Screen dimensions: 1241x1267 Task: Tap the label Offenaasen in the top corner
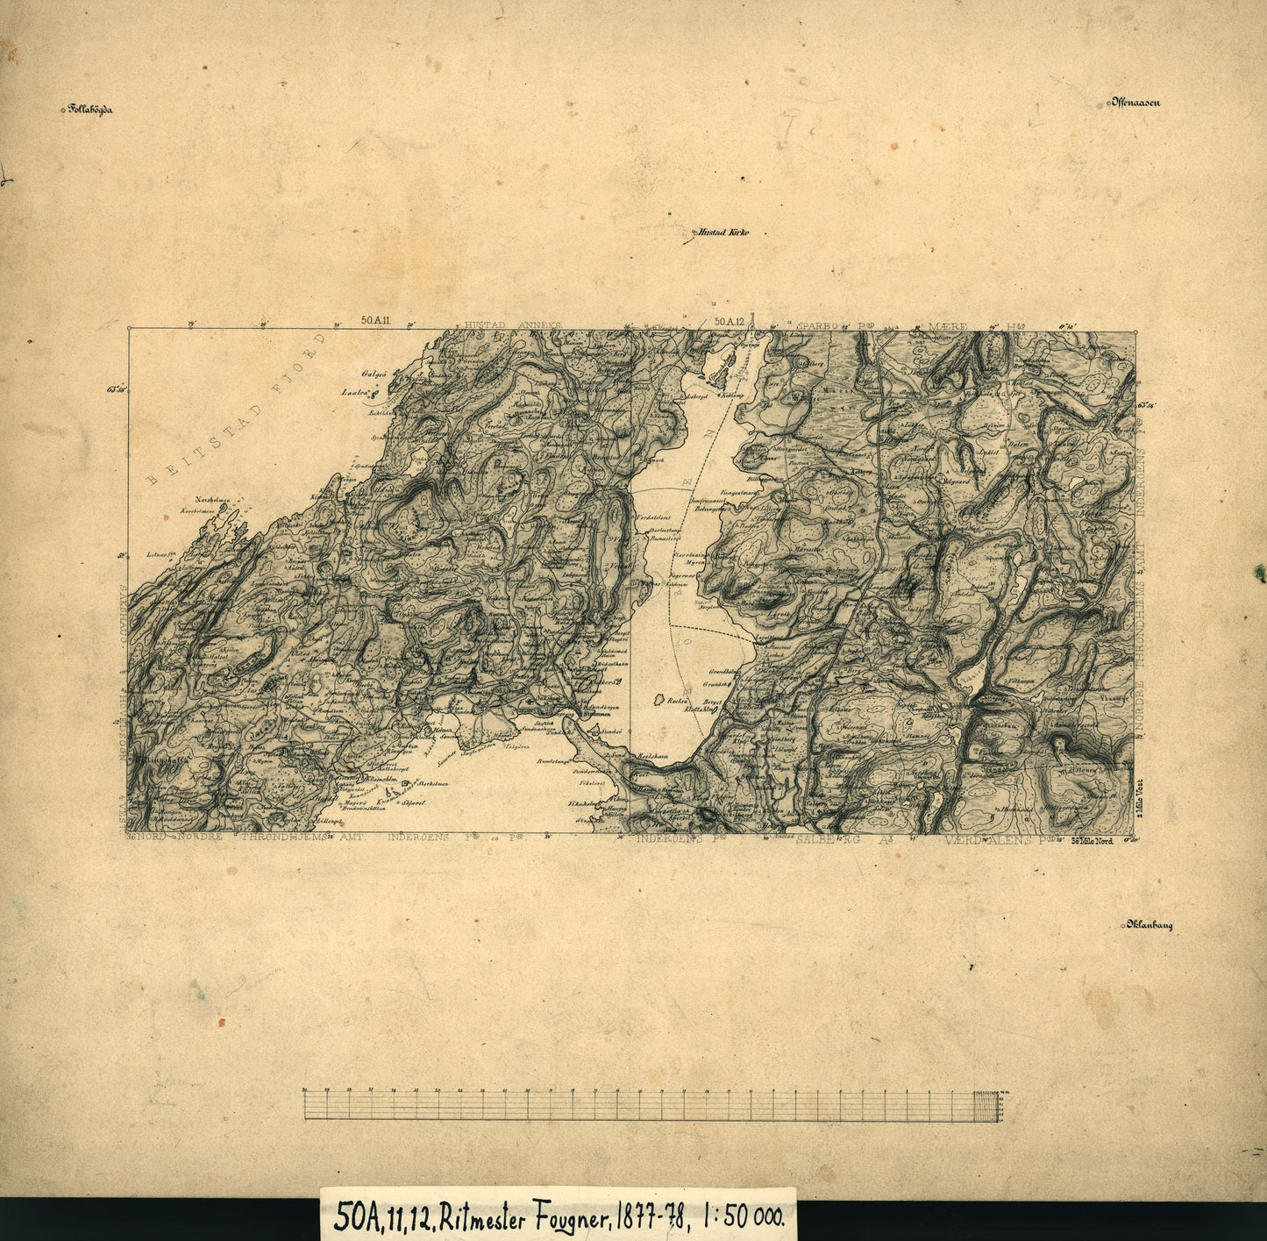[1136, 103]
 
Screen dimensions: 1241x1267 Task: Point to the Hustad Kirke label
[724, 233]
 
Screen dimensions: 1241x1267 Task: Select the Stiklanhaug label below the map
[1149, 925]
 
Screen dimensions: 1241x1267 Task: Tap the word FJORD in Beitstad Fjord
[289, 373]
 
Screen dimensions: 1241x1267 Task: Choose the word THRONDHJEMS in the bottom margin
[277, 838]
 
